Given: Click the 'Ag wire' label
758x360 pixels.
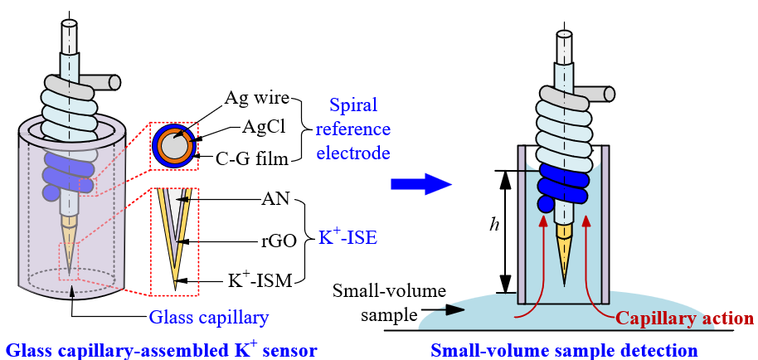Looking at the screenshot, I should coord(256,97).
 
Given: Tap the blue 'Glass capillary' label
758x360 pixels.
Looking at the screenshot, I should coord(210,318).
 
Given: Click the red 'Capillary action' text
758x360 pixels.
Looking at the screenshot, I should coord(684,319).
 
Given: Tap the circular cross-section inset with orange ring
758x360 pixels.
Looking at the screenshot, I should coord(174,146).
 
